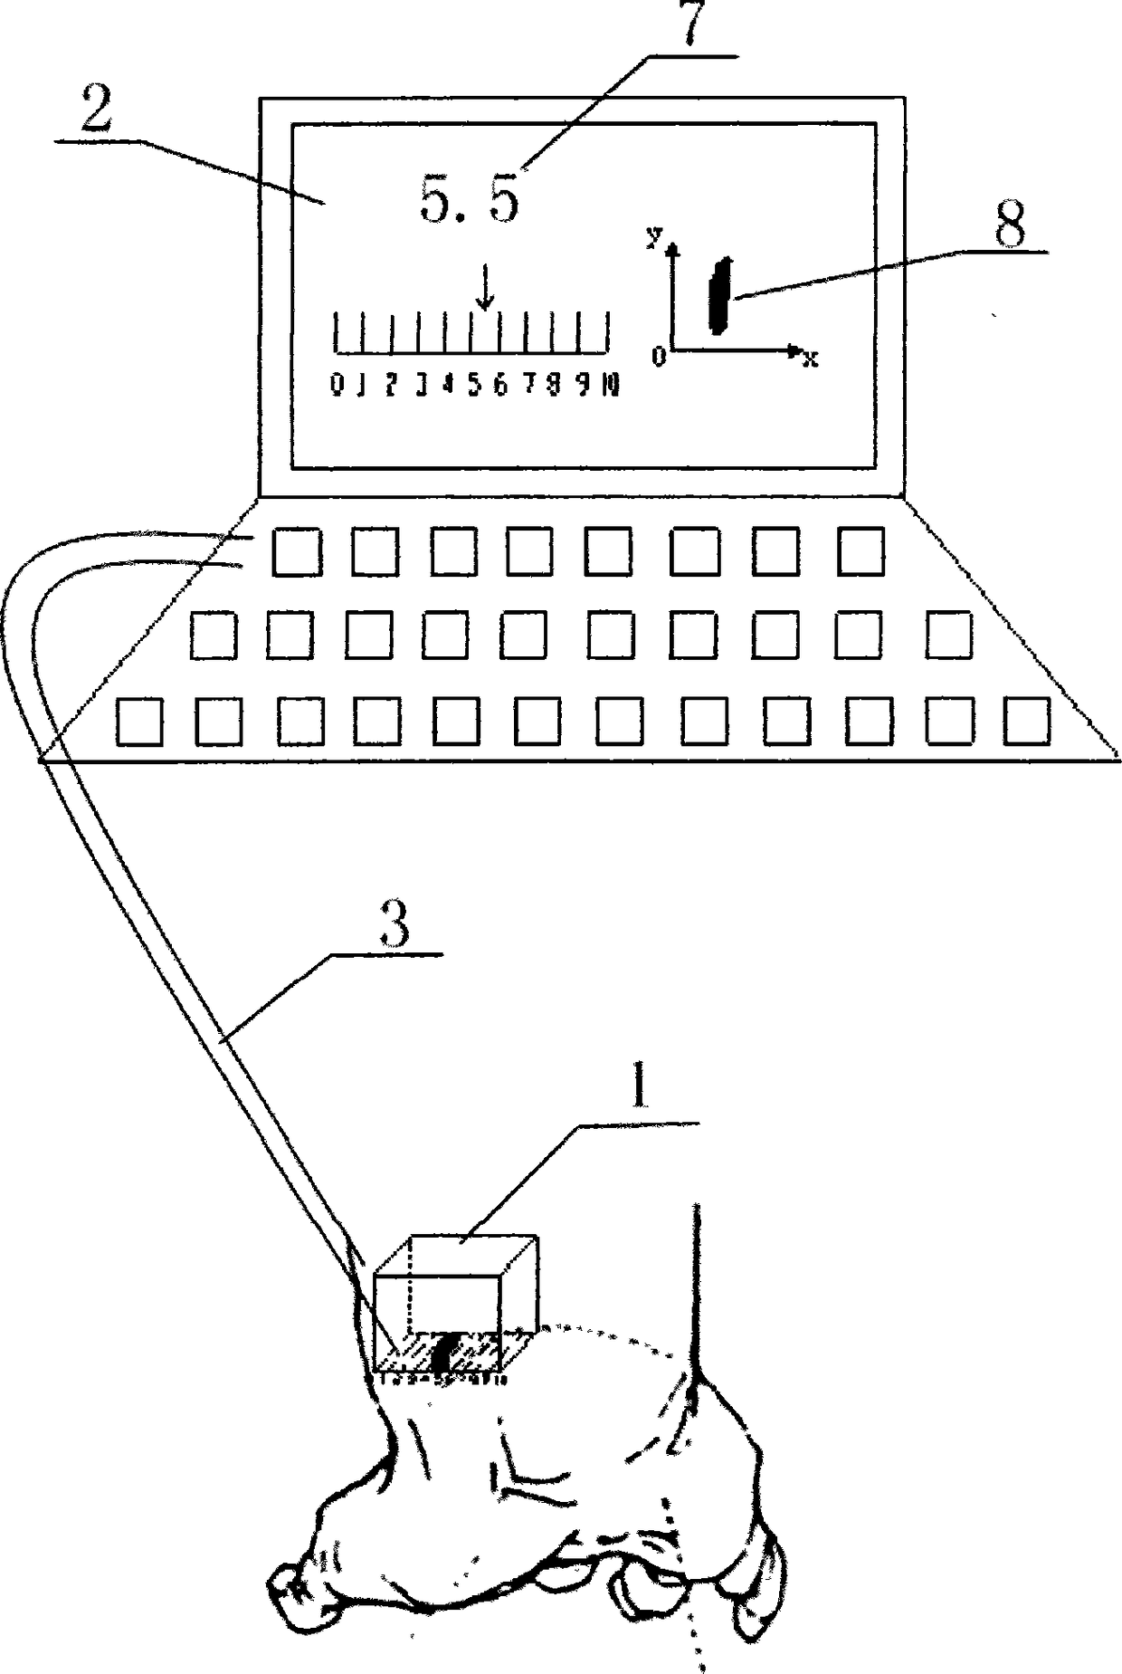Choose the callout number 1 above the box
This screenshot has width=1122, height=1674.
click(x=641, y=1090)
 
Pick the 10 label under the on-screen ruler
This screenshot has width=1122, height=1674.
click(x=612, y=386)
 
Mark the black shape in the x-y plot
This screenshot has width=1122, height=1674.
click(x=721, y=295)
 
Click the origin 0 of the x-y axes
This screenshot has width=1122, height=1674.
click(x=659, y=357)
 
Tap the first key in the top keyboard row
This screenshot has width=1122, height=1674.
click(x=297, y=553)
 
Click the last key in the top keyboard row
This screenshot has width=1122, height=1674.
click(x=861, y=552)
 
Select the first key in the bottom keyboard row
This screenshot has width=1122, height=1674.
click(x=140, y=722)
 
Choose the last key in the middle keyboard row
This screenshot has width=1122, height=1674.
click(x=949, y=634)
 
